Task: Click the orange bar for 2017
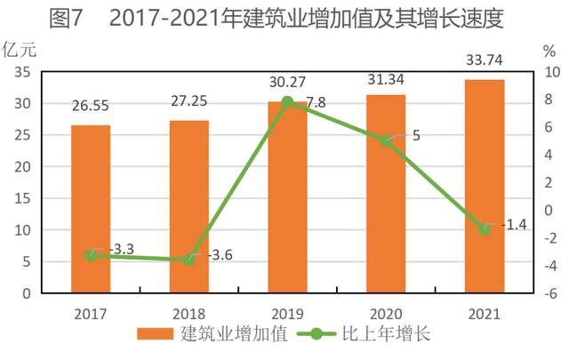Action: click(x=91, y=209)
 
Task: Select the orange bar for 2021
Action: click(x=485, y=186)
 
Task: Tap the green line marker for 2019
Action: click(x=287, y=102)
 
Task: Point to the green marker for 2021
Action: click(x=485, y=229)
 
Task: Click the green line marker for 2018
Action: click(x=189, y=260)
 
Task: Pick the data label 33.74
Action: click(x=485, y=60)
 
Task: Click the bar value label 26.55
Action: click(x=91, y=106)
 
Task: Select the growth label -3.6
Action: click(x=220, y=255)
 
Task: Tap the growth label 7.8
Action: click(x=317, y=103)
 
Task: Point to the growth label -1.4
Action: click(x=514, y=225)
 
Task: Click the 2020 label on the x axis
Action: click(x=386, y=314)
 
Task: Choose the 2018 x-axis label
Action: click(x=189, y=314)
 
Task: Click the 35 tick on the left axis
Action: click(x=22, y=72)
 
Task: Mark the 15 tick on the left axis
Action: click(x=22, y=198)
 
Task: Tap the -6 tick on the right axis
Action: click(x=550, y=293)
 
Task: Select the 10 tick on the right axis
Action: click(x=552, y=72)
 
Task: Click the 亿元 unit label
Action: click(x=20, y=50)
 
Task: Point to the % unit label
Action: click(x=549, y=52)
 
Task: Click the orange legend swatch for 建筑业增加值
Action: click(x=156, y=334)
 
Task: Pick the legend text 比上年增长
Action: click(x=386, y=333)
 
